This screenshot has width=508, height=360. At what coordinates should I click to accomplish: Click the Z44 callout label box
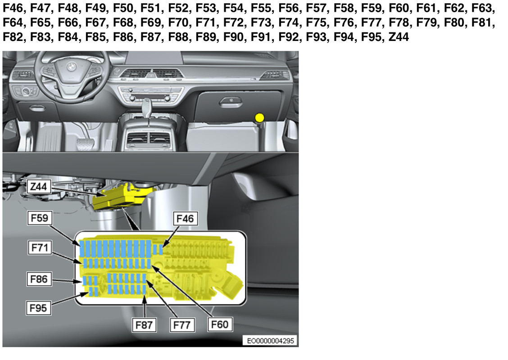point(39,186)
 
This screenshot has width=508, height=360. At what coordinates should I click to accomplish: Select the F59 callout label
point(40,218)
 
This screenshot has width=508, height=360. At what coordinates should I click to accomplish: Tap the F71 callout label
point(40,247)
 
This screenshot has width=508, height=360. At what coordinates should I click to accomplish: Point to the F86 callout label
point(39,279)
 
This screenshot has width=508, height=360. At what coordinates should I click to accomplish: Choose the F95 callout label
point(38,307)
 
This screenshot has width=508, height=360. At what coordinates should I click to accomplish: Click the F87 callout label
point(144,325)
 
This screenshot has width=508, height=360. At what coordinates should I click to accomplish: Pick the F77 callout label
point(182,325)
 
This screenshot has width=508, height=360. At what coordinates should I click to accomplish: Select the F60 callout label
point(220,324)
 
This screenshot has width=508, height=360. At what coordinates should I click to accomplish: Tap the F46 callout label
point(185,219)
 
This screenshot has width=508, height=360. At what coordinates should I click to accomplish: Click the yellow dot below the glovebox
point(259,118)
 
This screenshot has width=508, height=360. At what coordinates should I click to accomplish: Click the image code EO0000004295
point(270,341)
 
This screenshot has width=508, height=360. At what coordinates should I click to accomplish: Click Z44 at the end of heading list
point(399,36)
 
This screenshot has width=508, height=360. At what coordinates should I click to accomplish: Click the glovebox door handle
point(231,102)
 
